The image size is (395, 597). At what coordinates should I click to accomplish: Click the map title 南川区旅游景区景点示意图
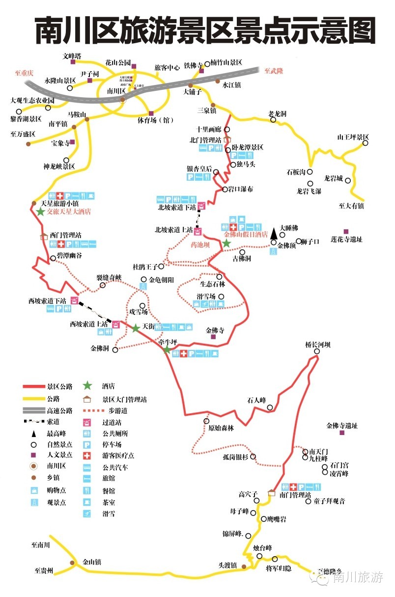click(205, 31)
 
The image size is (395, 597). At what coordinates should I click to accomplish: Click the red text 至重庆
click(23, 73)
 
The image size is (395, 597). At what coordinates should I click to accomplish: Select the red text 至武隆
click(274, 71)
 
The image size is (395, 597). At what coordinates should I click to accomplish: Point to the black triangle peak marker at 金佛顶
click(274, 232)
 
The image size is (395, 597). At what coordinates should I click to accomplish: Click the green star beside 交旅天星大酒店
click(40, 212)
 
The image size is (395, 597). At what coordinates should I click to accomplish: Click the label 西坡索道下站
click(47, 300)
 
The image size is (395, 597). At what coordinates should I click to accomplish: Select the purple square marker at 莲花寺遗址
click(346, 231)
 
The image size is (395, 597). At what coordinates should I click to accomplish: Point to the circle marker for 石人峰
click(270, 408)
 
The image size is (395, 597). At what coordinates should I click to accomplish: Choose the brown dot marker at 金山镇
click(72, 563)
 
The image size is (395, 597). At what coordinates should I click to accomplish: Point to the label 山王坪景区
click(353, 137)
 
